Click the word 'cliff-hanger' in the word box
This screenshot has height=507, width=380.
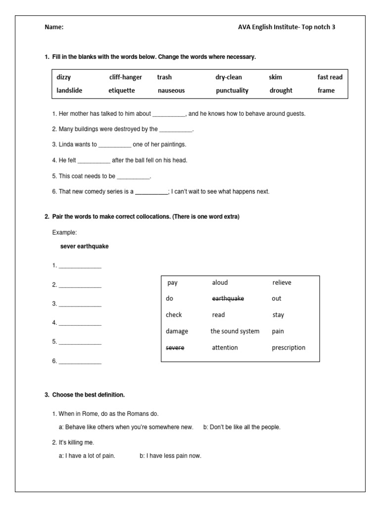[126, 77]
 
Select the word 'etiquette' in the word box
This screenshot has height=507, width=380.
[121, 91]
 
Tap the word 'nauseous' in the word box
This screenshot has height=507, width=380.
[171, 91]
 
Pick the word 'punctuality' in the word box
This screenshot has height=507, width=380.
[232, 91]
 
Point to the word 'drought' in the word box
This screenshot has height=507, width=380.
[281, 91]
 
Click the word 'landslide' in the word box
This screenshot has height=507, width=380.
[70, 91]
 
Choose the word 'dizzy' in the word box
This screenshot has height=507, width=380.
[64, 77]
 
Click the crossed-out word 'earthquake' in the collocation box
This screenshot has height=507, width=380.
[228, 299]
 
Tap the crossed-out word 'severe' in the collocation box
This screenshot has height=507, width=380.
[175, 348]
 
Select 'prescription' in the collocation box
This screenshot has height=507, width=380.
[288, 348]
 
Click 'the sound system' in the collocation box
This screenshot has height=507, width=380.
[235, 331]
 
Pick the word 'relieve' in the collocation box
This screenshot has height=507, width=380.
[282, 283]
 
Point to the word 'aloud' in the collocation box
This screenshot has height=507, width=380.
[220, 283]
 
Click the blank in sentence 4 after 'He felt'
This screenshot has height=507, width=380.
[94, 160]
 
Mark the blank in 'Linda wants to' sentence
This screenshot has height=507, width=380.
[115, 145]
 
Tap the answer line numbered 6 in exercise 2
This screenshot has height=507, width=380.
[80, 362]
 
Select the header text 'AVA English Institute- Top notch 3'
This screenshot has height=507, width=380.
[286, 28]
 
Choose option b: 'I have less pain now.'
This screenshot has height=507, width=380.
[170, 456]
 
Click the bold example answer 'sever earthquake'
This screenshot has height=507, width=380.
[84, 247]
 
